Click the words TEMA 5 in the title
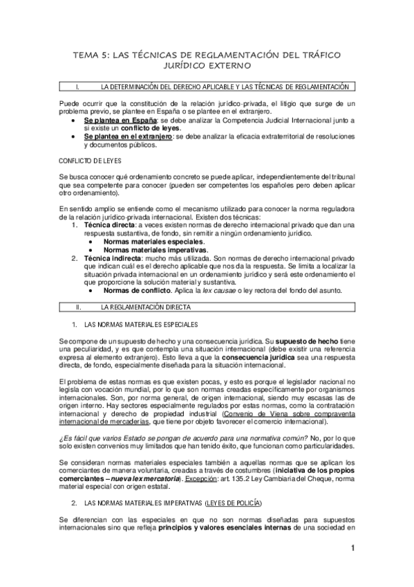point(91,54)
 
